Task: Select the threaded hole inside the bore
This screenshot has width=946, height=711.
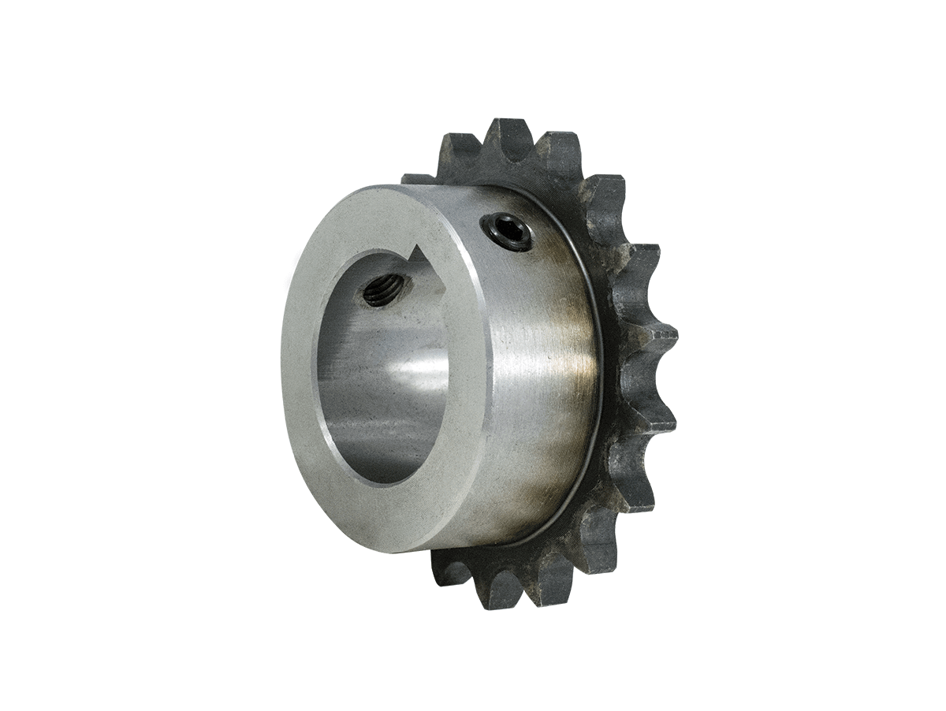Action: tap(383, 290)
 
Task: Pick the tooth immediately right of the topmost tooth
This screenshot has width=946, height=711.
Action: tap(557, 150)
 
